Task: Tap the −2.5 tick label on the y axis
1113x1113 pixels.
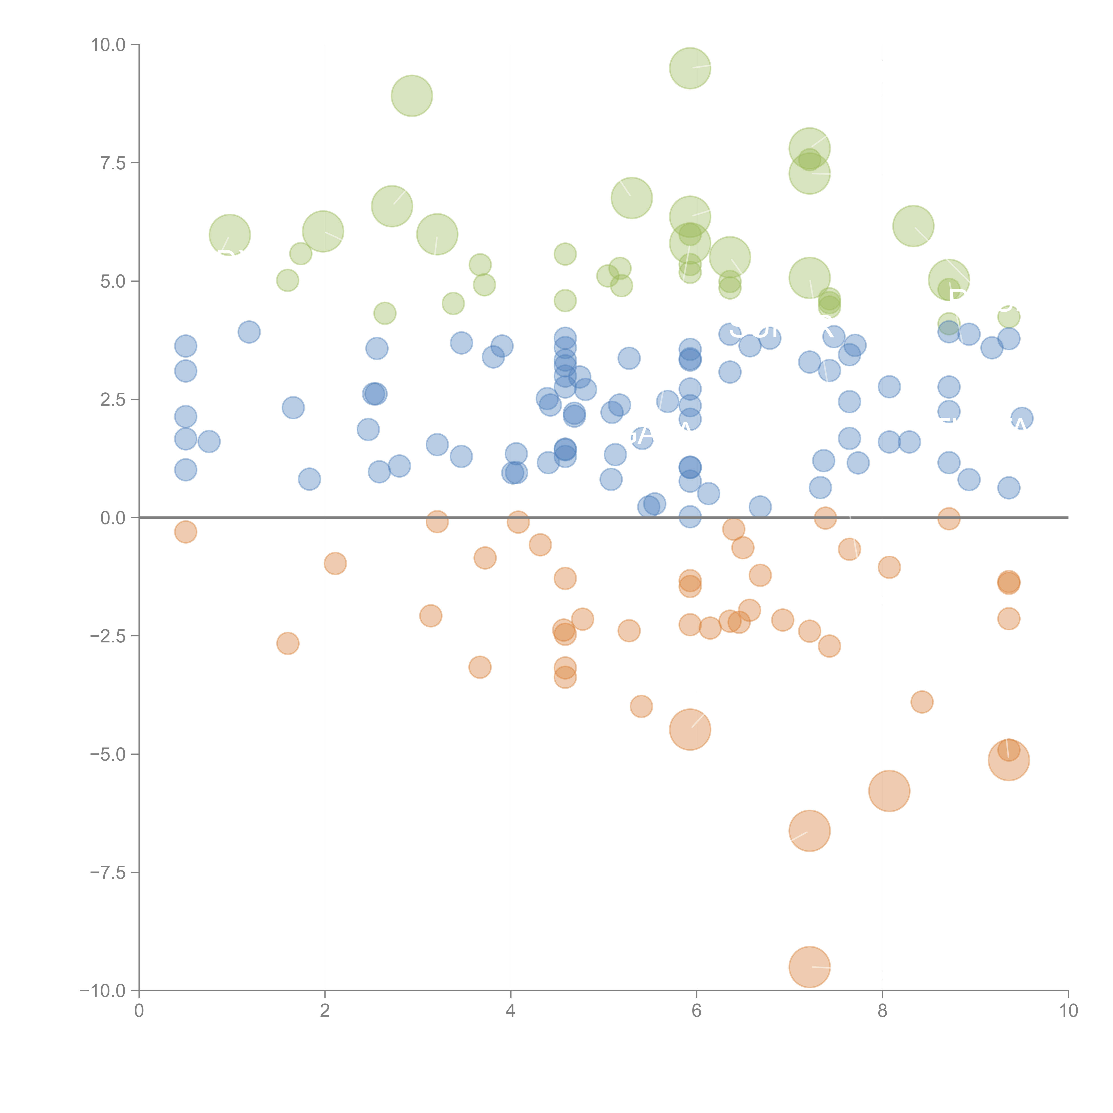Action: point(108,636)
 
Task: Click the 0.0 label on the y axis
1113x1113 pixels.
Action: point(113,518)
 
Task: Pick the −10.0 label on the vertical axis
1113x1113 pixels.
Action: point(103,991)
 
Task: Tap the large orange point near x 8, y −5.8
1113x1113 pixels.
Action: point(889,791)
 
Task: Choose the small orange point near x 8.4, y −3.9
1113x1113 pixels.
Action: point(922,702)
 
